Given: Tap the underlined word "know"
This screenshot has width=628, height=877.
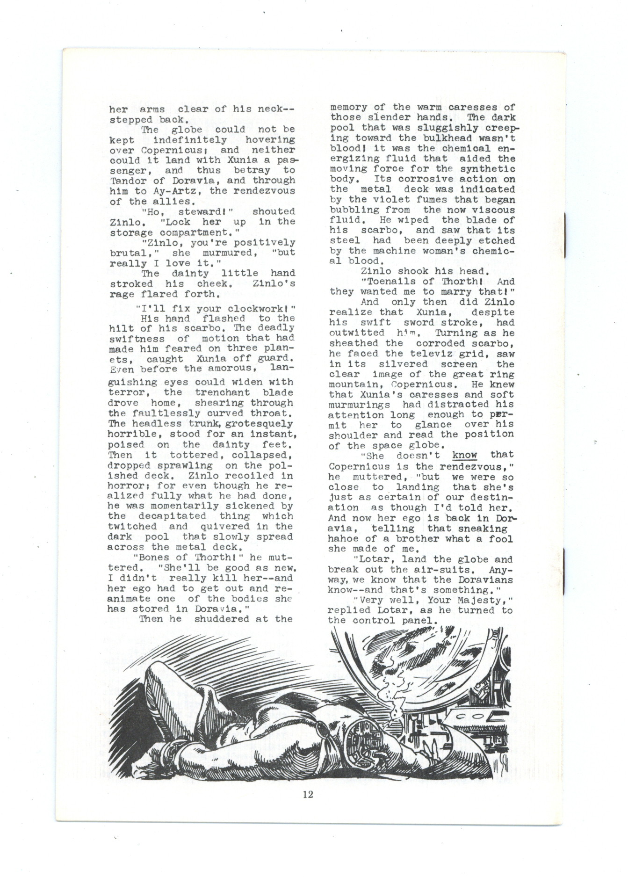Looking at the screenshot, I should pos(464,455).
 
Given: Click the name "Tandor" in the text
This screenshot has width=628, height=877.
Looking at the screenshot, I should pos(124,181).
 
